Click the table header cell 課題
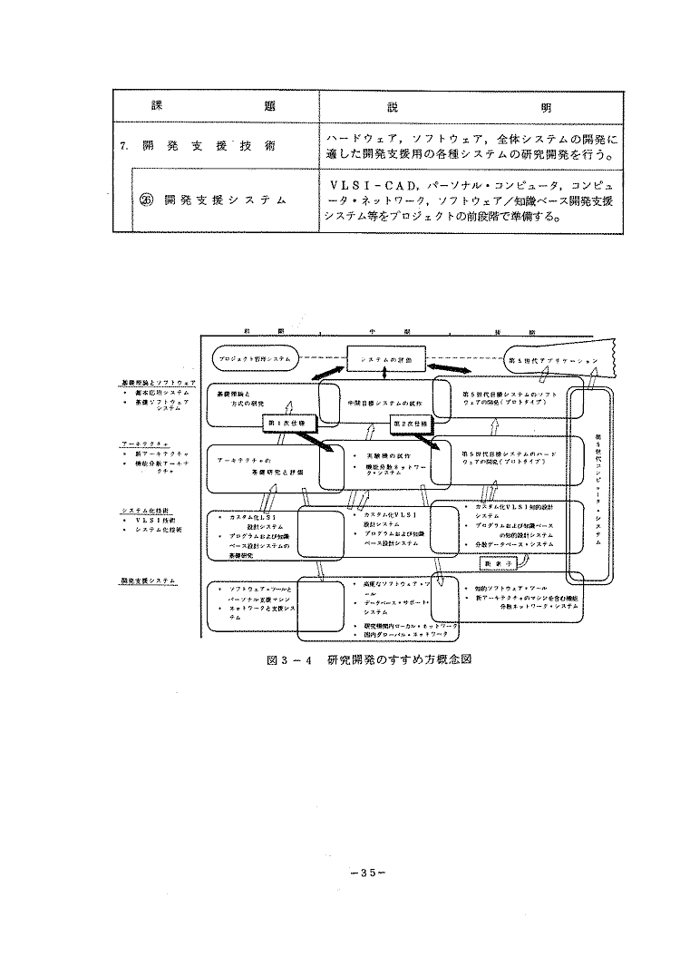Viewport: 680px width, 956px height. tap(214, 107)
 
